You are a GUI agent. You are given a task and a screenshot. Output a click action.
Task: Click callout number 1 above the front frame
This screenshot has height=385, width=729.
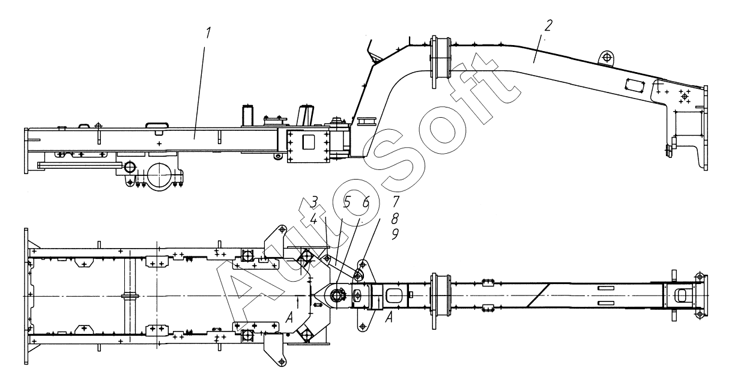tap(208, 32)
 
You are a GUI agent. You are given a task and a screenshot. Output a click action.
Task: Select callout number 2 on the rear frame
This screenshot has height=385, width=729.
tap(548, 25)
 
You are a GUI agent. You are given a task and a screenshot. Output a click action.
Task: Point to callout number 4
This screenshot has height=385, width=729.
tap(313, 220)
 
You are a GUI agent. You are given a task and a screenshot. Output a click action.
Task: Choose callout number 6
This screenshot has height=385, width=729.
tap(366, 202)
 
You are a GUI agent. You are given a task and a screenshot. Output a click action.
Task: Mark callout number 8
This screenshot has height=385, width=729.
tap(396, 219)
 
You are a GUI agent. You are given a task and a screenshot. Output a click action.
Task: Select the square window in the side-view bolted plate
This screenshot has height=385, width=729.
tap(309, 142)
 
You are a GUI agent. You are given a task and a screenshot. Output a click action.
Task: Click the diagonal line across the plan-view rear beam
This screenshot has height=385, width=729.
tap(536, 295)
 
